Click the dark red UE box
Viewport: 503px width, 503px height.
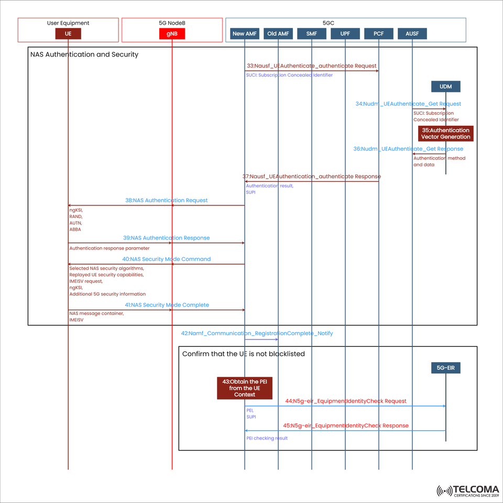(68, 34)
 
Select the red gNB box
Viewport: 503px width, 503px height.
(172, 34)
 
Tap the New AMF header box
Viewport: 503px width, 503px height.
(245, 34)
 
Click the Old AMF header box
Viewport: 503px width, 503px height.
(278, 34)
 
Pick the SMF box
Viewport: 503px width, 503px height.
(312, 34)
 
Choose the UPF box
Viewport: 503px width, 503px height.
(345, 34)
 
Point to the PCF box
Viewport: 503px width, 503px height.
(379, 34)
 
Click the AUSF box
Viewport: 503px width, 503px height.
(412, 34)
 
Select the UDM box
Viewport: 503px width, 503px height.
(446, 86)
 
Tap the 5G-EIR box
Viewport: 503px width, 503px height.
(446, 368)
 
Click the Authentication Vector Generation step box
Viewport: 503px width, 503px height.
(446, 134)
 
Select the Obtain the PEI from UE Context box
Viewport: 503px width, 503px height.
(245, 388)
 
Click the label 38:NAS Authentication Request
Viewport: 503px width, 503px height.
(166, 200)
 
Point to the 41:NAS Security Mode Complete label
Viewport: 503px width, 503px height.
(167, 305)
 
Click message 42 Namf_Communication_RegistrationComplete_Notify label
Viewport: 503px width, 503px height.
(257, 333)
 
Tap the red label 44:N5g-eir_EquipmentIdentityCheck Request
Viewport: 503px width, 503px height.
(346, 401)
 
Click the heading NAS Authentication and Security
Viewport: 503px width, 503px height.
(84, 54)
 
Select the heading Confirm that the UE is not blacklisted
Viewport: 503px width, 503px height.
(244, 354)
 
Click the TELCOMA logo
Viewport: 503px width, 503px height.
(467, 490)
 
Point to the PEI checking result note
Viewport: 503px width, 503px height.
(267, 438)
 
